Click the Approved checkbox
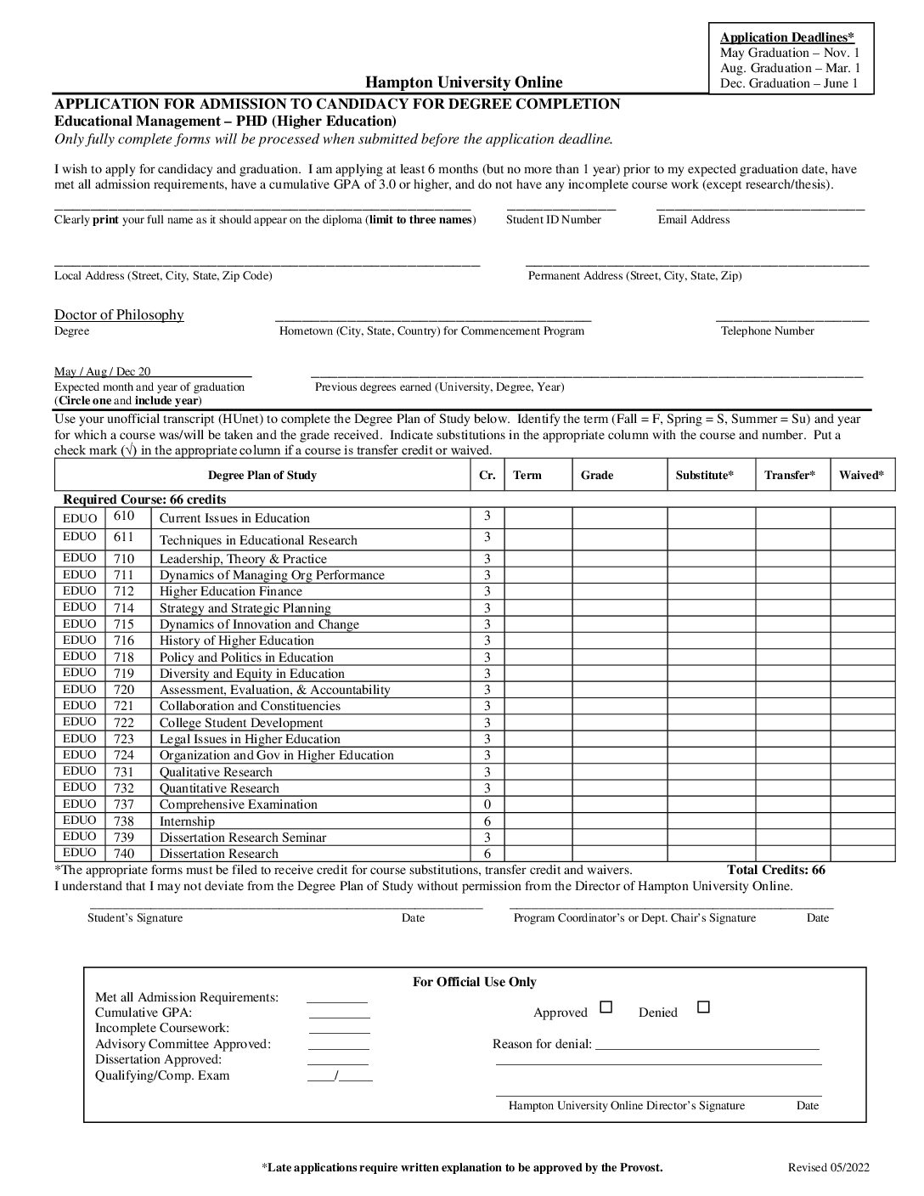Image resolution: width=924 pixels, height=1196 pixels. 606,1007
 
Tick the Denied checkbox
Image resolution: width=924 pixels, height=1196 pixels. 703,1007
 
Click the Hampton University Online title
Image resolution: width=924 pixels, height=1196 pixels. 464,82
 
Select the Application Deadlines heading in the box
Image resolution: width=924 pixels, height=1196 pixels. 786,37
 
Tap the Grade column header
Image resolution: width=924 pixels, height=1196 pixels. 597,476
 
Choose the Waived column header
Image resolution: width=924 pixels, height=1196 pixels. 862,476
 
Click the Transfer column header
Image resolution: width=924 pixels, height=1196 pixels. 789,476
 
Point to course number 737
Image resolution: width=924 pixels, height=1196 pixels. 124,804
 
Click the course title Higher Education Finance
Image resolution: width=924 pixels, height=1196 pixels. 230,591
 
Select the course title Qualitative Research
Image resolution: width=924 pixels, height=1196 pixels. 216,772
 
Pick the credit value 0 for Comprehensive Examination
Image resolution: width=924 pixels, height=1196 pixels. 487,804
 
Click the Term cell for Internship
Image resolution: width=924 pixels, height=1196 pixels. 538,821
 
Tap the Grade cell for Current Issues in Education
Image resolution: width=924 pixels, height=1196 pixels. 619,517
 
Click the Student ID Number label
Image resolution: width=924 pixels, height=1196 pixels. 553,220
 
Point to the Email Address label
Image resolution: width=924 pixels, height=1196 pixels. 694,220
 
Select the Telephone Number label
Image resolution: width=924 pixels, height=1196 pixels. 767,331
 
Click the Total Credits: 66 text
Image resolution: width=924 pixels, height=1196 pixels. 775,870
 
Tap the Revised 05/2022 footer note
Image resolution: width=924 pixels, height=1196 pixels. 828,1168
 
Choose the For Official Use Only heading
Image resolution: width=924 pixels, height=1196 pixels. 474,982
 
